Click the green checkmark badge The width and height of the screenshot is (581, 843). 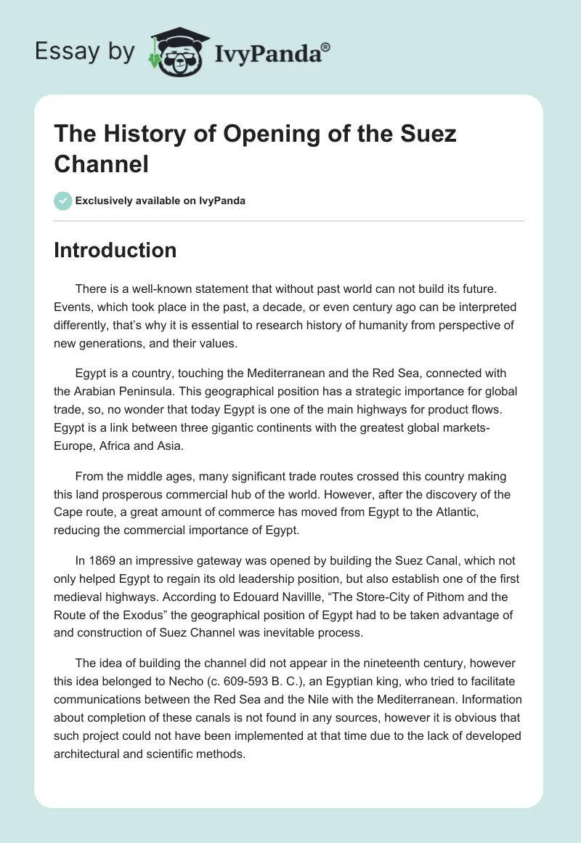point(62,201)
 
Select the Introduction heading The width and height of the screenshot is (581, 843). point(115,250)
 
